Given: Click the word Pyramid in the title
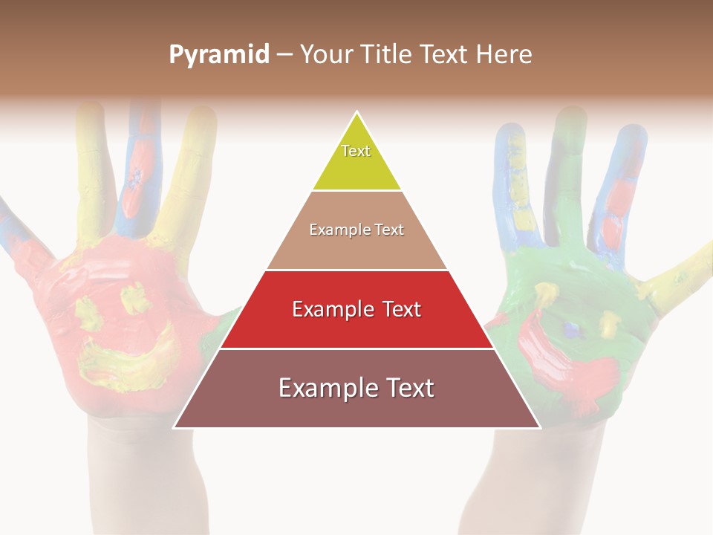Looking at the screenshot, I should [219, 55].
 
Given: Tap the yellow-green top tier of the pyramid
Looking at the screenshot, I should [356, 160].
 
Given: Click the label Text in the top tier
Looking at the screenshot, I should [356, 151].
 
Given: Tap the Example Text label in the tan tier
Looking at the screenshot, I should [356, 230].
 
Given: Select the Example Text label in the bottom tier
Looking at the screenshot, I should [356, 388].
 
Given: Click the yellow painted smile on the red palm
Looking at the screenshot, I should [123, 360].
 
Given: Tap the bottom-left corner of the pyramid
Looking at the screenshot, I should [175, 427].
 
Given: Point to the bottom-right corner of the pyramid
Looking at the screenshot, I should [540, 427].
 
